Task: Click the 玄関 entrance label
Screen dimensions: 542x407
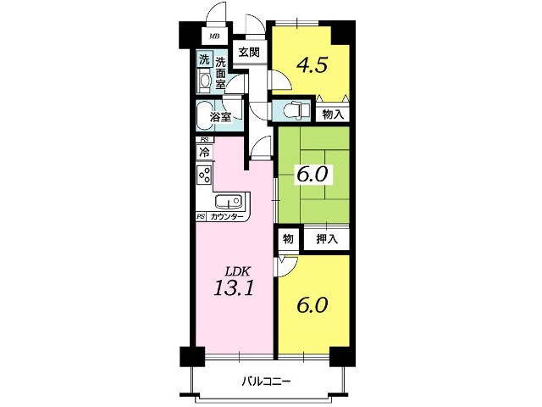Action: point(249,53)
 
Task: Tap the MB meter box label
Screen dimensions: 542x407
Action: point(214,36)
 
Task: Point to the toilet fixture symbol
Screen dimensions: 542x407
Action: point(296,110)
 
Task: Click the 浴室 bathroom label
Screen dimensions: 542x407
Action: point(220,117)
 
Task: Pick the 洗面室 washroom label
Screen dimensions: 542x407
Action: point(220,73)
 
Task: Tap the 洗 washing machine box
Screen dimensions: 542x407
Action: point(204,59)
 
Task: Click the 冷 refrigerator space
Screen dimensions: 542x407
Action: point(205,152)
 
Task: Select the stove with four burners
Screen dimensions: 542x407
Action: point(205,175)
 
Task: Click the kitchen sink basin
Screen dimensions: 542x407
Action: point(228,201)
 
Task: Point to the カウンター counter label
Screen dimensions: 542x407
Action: point(226,217)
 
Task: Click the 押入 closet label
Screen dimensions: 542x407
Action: point(327,239)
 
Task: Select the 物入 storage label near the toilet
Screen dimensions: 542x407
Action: point(333,114)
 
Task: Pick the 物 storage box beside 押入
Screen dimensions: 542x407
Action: point(288,239)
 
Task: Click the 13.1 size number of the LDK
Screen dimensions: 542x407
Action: point(234,287)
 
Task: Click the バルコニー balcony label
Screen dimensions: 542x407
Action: point(266,382)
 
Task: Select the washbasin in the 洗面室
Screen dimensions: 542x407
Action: point(204,81)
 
